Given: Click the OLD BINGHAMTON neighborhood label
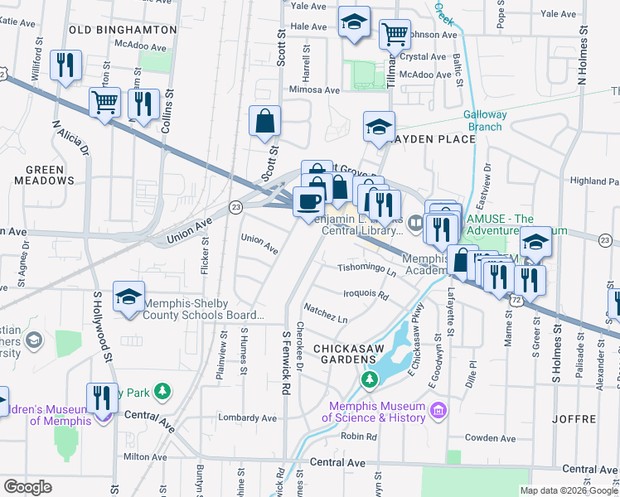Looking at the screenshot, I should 123,30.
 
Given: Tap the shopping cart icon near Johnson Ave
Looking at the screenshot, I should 395,35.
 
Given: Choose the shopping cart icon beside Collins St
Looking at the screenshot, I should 105,104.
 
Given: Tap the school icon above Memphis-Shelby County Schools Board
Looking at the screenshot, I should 129,298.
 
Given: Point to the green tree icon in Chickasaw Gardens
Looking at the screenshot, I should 368,380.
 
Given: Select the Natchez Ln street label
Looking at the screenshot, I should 326,317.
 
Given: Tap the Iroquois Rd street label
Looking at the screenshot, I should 366,294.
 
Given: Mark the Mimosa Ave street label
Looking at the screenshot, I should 314,89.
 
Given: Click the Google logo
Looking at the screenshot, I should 27,487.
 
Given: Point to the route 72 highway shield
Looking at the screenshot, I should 516,302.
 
